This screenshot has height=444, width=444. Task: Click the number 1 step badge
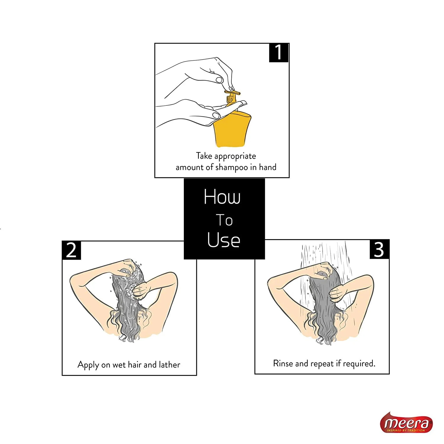pos(279,53)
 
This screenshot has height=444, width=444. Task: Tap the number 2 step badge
pos(71,250)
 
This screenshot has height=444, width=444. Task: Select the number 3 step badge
pos(379,249)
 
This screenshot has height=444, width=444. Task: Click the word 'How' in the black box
pos(222,197)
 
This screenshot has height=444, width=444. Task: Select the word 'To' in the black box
pos(224,220)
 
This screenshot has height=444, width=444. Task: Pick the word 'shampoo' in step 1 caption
pos(231,168)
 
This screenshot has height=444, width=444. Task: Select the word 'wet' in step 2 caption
pos(119,365)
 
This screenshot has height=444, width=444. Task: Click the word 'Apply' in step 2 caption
pos(88,365)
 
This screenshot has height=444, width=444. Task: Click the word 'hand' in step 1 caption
pos(268,167)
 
